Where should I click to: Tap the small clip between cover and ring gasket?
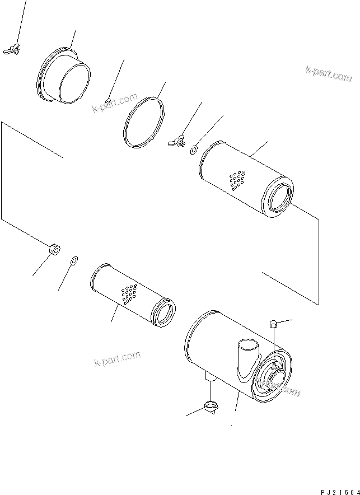[109, 101]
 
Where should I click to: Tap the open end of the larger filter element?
[279, 198]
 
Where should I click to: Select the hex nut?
[54, 249]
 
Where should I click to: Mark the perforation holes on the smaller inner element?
[129, 293]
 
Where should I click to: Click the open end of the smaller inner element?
[165, 311]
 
